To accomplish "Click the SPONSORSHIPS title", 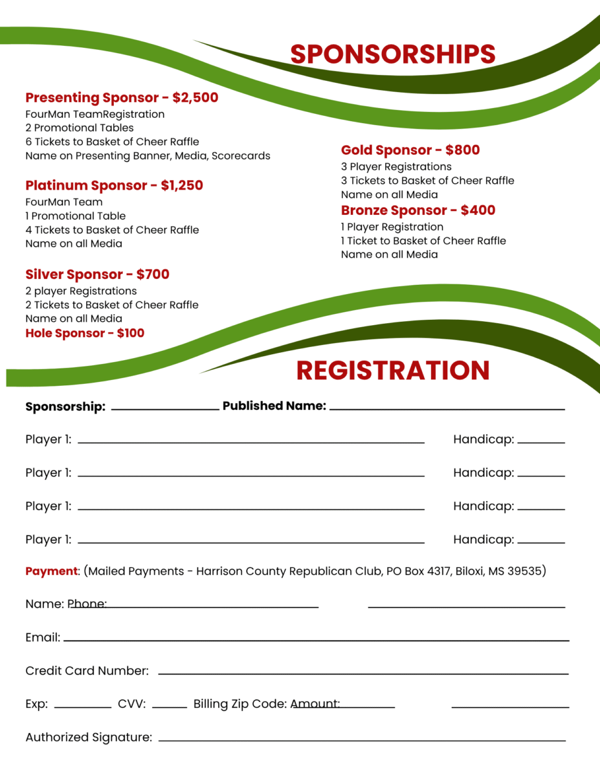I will pos(392,54).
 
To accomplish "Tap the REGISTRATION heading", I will pos(393,370).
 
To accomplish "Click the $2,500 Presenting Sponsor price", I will pos(195,98).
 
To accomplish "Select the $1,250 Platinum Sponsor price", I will pos(182,186).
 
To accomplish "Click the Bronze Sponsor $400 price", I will pos(478,210).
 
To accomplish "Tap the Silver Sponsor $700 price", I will pos(153,275).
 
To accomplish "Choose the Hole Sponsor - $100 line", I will pos(85,333).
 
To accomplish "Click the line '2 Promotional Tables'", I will pos(80,128).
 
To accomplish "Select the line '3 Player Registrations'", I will pos(396,167).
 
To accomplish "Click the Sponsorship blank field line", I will pos(165,409).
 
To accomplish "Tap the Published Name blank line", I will pos(447,409).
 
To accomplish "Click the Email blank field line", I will pos(316,640).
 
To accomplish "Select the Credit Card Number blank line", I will pos(362,673).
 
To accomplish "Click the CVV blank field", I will pos(170,706).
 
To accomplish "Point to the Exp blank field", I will pos(82,706).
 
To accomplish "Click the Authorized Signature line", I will pos(361,739).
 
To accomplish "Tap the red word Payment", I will pos(51,572).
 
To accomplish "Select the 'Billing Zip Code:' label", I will pos(239,704).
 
